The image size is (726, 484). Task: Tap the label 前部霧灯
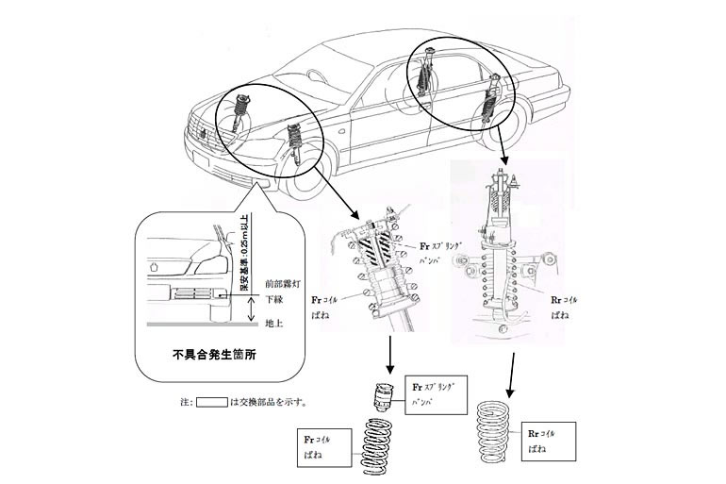pyautogui.click(x=282, y=282)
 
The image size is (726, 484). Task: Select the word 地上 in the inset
pyautogui.click(x=273, y=323)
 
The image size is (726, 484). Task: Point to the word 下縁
pyautogui.click(x=273, y=299)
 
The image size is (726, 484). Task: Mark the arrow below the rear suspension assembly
pyautogui.click(x=513, y=372)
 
